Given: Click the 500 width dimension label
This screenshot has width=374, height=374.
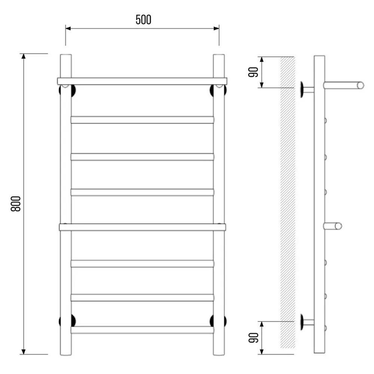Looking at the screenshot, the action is [143, 20].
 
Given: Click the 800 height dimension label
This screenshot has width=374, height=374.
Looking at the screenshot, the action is [16, 204].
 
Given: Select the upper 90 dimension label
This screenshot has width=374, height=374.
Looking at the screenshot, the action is [253, 72].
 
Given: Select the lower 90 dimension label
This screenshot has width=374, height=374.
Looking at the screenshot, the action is [253, 337].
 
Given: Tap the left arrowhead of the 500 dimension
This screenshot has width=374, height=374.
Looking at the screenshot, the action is [68, 28].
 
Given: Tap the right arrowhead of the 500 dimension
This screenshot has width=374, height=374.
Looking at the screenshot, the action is [216, 28].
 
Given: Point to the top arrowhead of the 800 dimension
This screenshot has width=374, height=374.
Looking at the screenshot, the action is [23, 56].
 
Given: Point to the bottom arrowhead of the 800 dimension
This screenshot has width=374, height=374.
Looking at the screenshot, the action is [23, 351].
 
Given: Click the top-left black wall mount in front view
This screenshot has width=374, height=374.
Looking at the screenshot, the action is [67, 91].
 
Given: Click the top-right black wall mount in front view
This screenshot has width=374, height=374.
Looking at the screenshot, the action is [218, 91].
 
